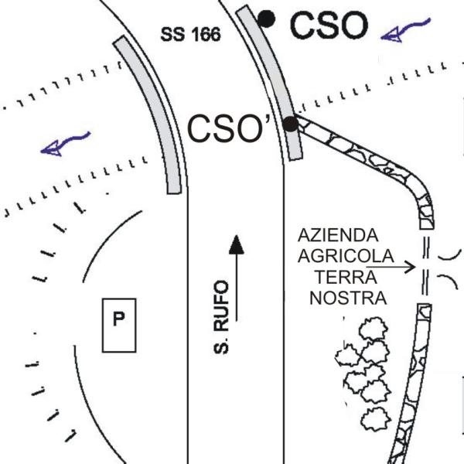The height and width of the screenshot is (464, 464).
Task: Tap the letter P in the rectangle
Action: point(120,318)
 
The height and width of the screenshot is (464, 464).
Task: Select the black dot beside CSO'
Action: point(290,124)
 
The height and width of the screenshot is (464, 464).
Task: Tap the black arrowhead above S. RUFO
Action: point(236,246)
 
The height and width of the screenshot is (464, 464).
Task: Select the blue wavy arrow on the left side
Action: point(66,142)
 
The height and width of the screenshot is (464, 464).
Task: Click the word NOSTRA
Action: point(343,297)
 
